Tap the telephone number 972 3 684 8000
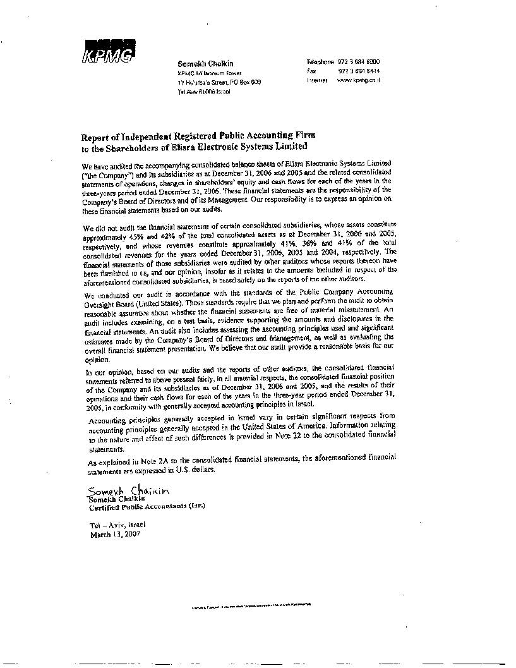click(359, 62)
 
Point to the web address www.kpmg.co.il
click(358, 81)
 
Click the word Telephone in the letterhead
click(320, 62)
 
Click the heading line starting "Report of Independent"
click(196, 136)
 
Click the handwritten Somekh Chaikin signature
click(129, 491)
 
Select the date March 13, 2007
click(115, 533)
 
